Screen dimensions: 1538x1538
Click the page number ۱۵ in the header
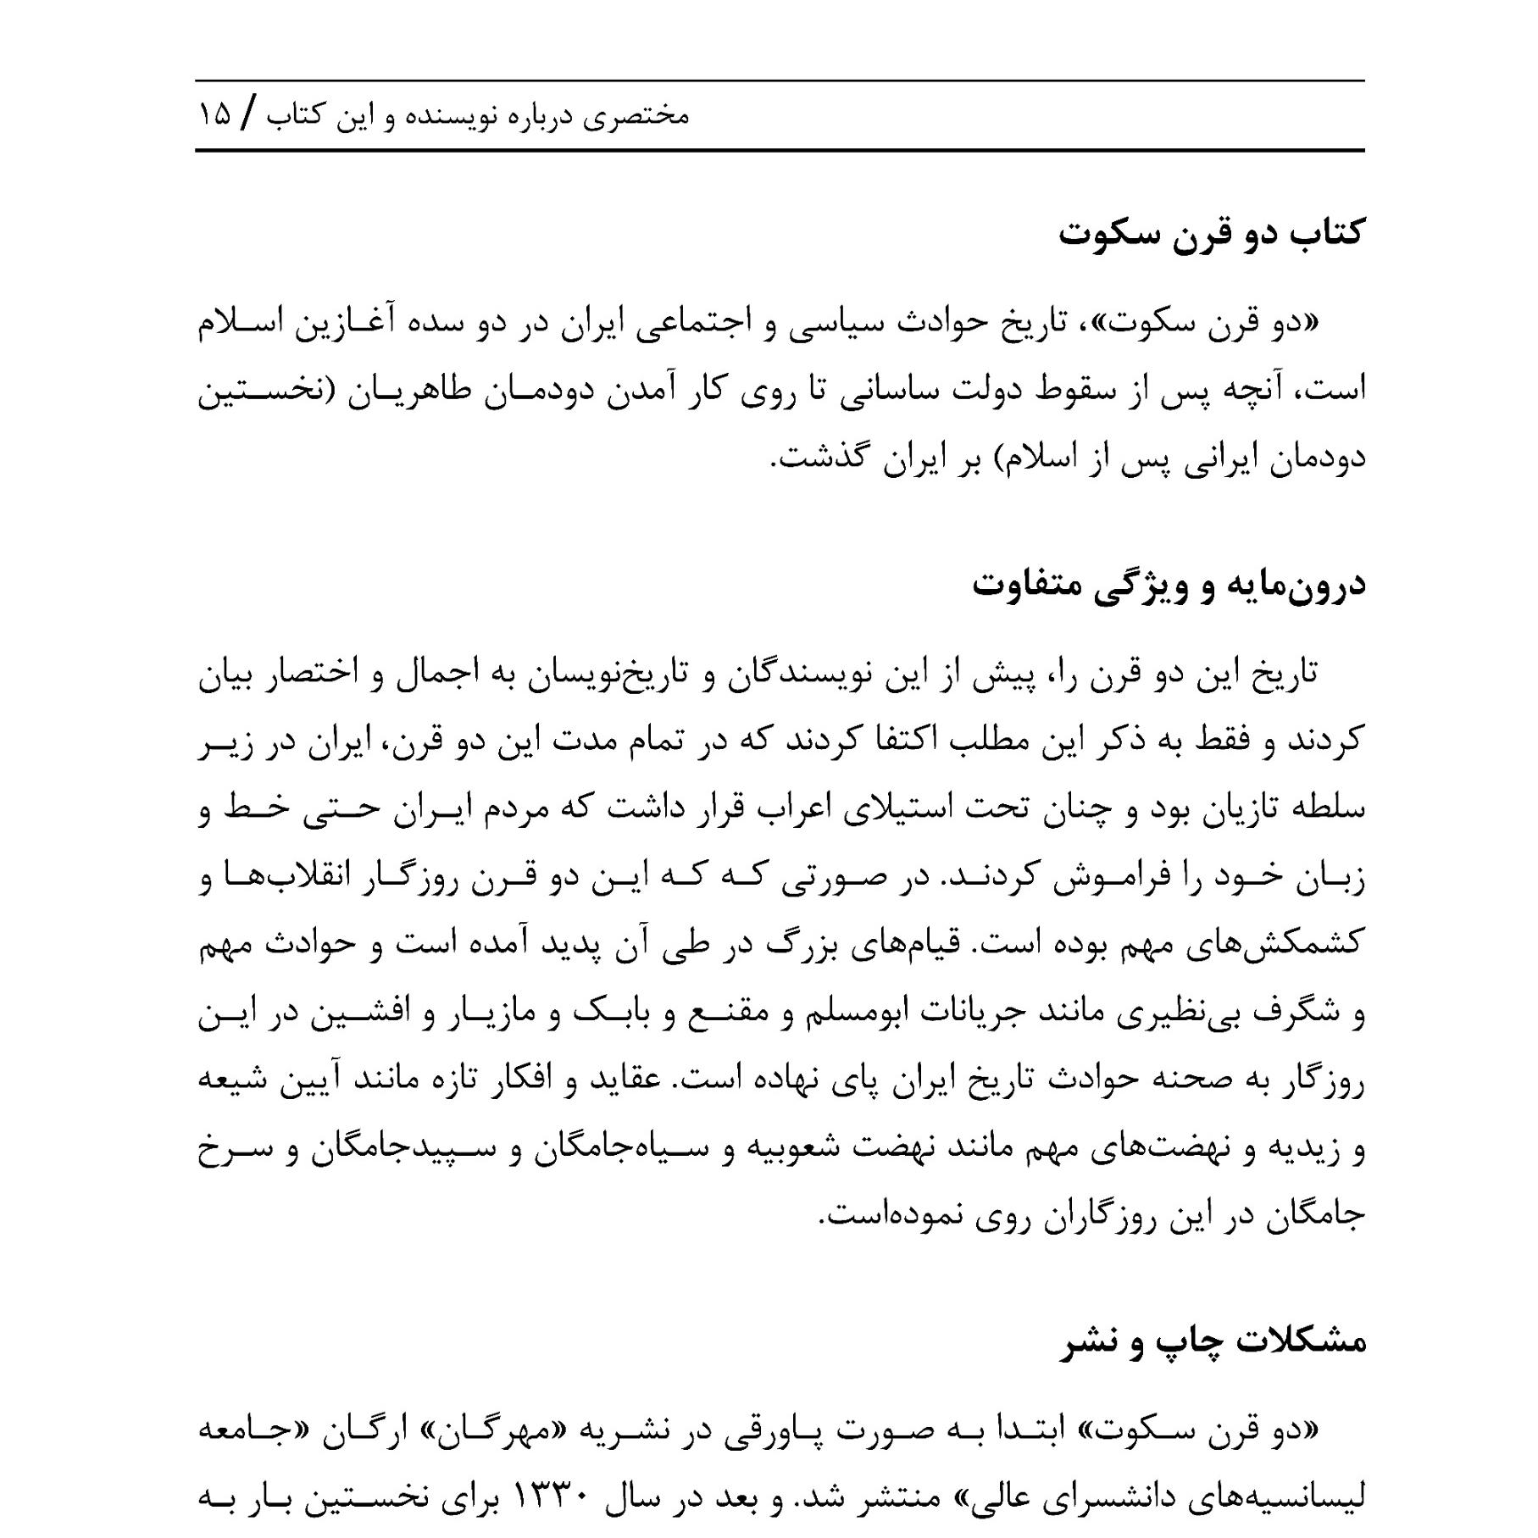(215, 116)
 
